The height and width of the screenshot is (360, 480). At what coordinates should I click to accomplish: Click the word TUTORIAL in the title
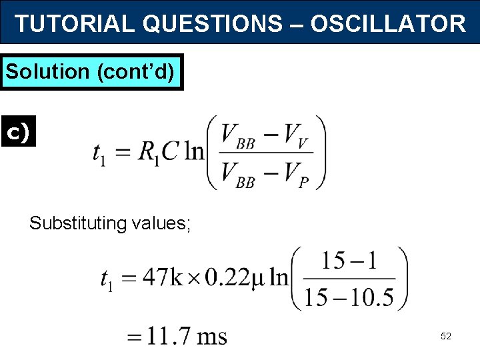point(75,24)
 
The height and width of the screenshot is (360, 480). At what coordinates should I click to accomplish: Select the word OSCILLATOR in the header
point(388,24)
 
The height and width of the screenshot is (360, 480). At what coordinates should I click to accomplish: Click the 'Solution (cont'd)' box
point(92,71)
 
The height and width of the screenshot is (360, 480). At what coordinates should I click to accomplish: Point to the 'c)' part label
point(17,133)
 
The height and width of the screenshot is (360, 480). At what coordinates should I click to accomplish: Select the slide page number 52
point(445,337)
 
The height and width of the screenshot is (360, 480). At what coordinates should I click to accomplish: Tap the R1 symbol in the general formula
point(148,153)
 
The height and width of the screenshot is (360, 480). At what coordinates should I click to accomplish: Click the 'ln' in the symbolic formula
point(193,152)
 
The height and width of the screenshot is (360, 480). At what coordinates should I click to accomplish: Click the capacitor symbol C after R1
point(170,152)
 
